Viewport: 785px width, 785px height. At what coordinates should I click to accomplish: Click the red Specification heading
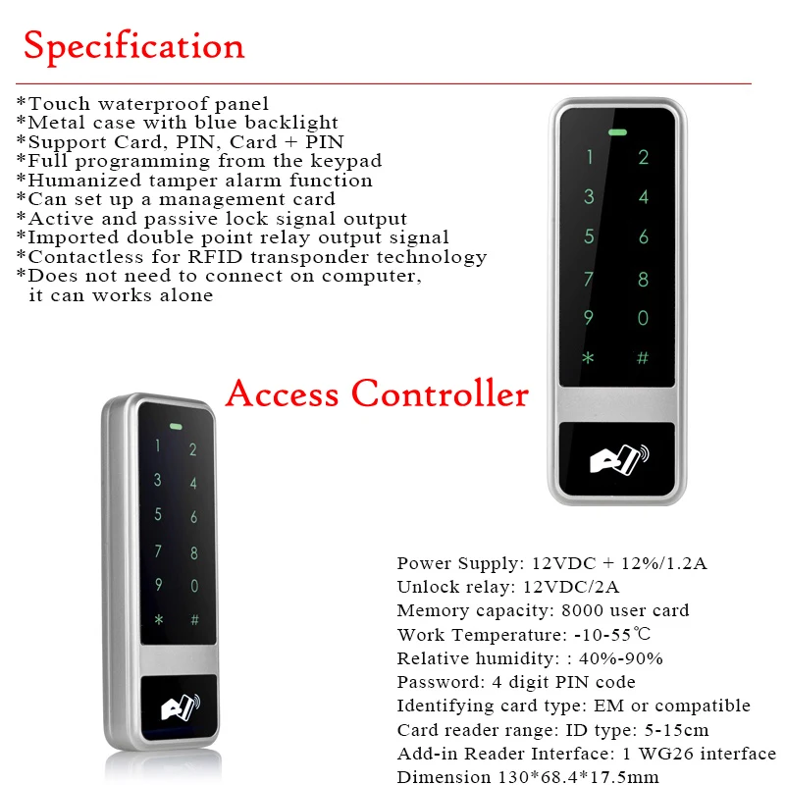(134, 46)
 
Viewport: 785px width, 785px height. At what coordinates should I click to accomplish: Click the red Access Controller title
(377, 393)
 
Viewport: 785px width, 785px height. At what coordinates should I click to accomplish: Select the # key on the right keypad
(644, 358)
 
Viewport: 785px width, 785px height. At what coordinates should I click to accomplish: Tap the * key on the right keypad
(589, 358)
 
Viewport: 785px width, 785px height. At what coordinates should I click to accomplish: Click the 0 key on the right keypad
(644, 318)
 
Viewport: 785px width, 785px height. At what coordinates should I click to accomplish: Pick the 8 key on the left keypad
(194, 553)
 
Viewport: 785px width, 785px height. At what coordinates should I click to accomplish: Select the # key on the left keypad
(194, 620)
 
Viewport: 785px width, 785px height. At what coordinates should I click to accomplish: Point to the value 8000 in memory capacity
(555, 610)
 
